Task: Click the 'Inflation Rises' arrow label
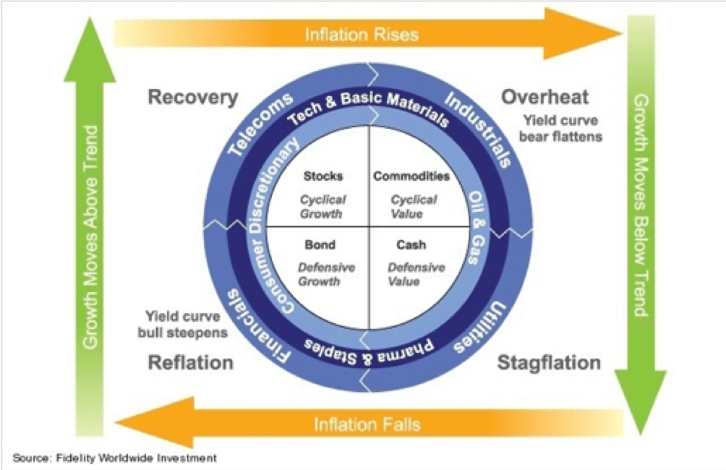pos(362,33)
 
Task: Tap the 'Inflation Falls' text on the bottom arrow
pos(367,424)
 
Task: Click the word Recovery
pos(192,97)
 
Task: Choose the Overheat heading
pos(545,97)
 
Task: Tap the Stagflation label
pos(549,362)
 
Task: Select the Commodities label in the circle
pos(411,176)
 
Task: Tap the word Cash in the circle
pos(410,245)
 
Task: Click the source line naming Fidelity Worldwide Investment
pos(114,458)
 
